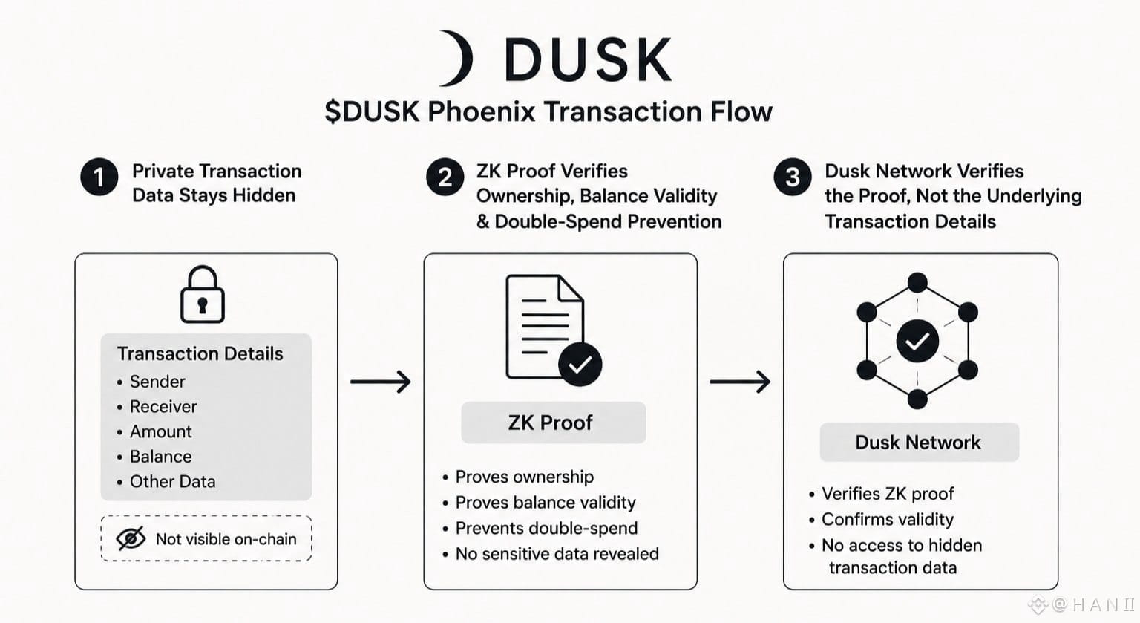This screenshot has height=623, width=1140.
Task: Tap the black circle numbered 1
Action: point(99,177)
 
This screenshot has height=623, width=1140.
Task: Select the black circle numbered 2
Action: point(445,177)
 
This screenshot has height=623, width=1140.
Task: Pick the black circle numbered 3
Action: point(793,177)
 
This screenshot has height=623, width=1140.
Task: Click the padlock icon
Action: point(203,294)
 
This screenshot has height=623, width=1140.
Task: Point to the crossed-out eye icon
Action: point(131,538)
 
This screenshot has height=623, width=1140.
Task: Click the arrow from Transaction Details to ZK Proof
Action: point(381,382)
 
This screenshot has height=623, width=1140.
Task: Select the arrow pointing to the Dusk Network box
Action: point(741,382)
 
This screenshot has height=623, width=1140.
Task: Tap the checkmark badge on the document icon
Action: point(580,365)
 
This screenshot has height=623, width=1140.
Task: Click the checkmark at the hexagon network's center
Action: point(917,341)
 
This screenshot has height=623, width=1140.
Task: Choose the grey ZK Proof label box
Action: point(554,423)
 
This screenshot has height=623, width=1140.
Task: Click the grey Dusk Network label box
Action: point(919,443)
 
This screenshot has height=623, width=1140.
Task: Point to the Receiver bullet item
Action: point(157,407)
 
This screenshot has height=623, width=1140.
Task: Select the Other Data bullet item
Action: point(166,481)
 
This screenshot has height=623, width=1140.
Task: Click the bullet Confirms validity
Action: point(881,519)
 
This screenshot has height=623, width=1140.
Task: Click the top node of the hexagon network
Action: point(917,282)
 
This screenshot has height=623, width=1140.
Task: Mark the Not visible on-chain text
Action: point(226,539)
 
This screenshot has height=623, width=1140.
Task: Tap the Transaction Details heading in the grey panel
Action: point(200,353)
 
